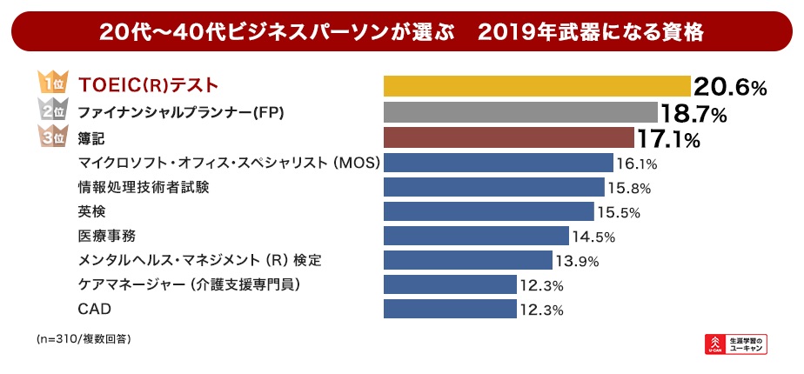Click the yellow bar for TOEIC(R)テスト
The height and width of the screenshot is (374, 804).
(537, 85)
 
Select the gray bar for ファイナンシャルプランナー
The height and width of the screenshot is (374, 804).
(520, 112)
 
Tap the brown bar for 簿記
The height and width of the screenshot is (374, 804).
(508, 137)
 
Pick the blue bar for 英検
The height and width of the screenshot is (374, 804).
(489, 211)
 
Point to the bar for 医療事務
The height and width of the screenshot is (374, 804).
(476, 236)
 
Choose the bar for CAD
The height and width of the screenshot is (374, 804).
(450, 309)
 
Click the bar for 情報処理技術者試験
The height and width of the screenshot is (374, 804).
(493, 187)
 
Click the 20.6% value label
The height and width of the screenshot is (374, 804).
(730, 86)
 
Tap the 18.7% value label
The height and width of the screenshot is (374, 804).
(693, 112)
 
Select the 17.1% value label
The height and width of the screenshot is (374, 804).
(668, 137)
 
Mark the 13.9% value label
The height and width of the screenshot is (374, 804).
(575, 261)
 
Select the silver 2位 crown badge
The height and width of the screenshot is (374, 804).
(51, 111)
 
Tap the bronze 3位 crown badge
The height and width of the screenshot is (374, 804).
(51, 137)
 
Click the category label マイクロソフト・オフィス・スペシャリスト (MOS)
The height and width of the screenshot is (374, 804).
(228, 163)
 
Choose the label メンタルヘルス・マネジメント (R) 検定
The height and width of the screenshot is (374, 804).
(205, 260)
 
